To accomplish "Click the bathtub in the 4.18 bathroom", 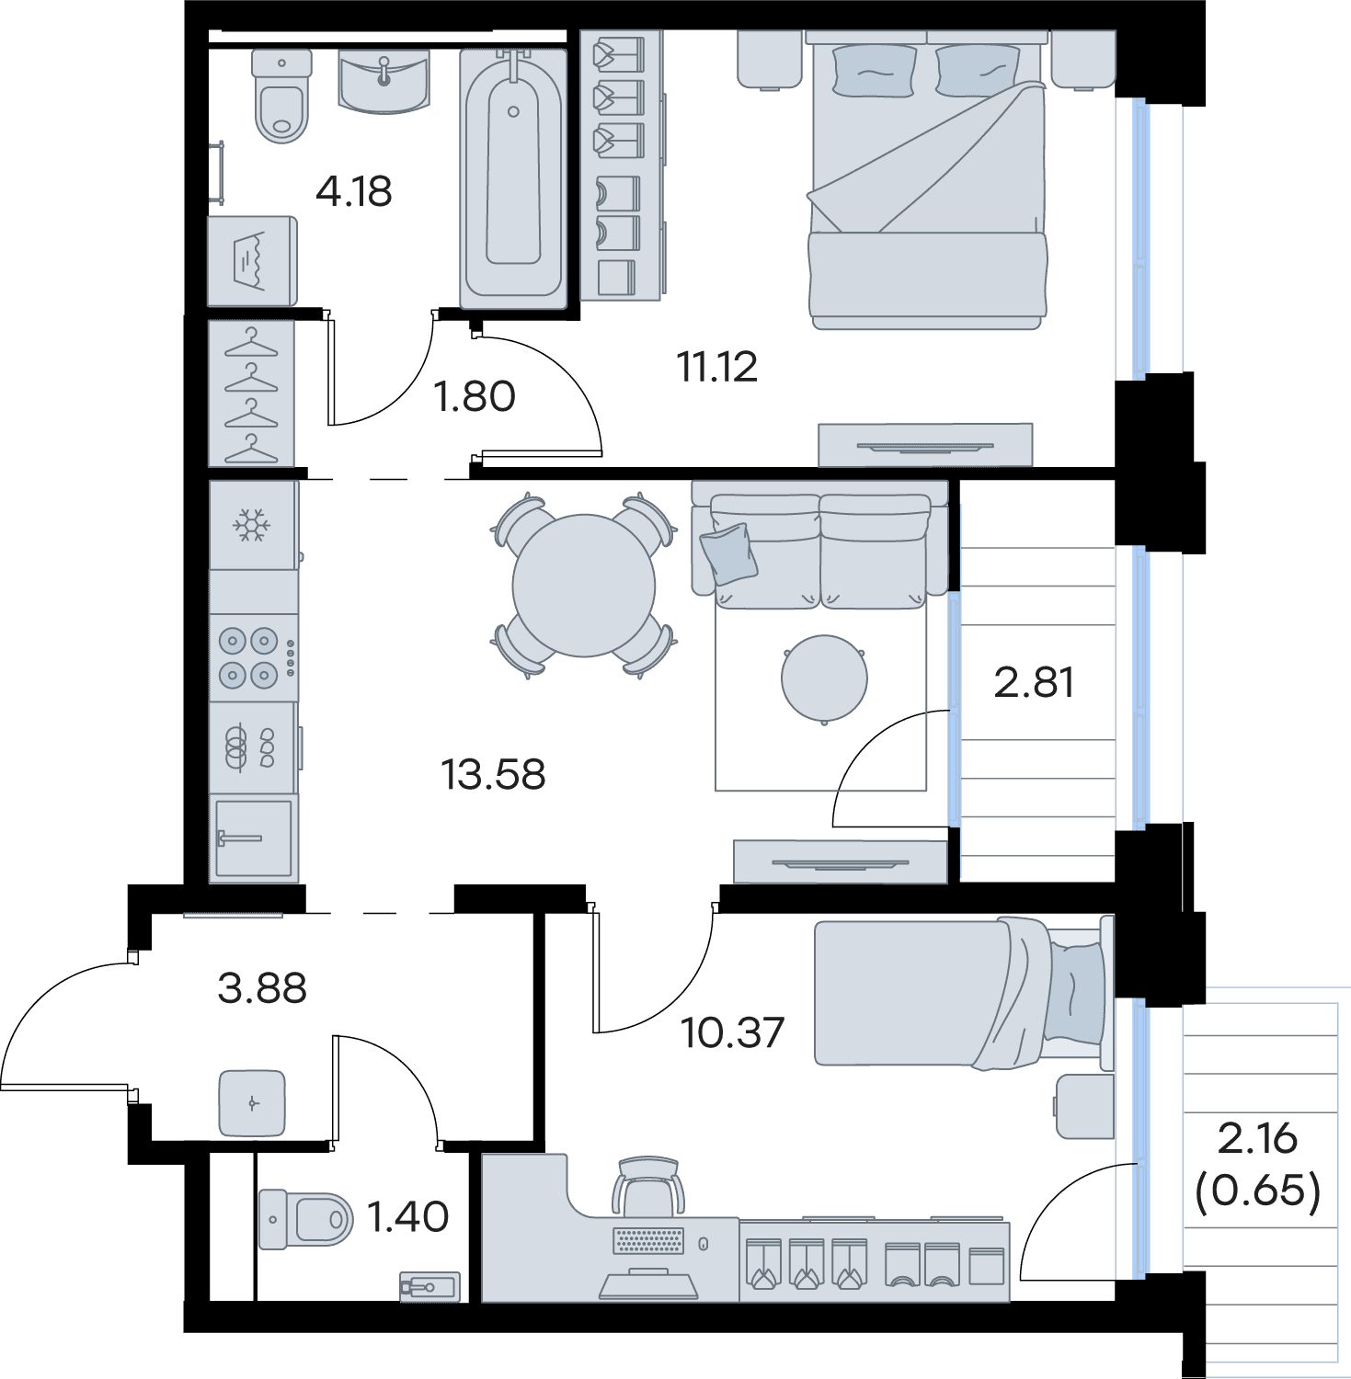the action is pyautogui.click(x=513, y=178).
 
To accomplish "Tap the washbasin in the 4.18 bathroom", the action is pyautogui.click(x=384, y=82).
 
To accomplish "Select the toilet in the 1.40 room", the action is pyautogui.click(x=305, y=1219).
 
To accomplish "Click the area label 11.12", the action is pyautogui.click(x=717, y=367).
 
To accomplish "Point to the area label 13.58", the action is pyautogui.click(x=493, y=774).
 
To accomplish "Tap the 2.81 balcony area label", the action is pyautogui.click(x=1034, y=682).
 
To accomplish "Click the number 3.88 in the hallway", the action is pyautogui.click(x=262, y=988).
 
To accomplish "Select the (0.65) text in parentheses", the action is pyautogui.click(x=1257, y=1191).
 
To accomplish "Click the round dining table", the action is pyautogui.click(x=584, y=586).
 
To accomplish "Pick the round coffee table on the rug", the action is pyautogui.click(x=824, y=678).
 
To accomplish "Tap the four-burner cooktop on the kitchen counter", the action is pyautogui.click(x=254, y=658).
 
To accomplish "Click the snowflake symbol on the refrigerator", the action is pyautogui.click(x=251, y=526).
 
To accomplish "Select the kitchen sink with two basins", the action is pyautogui.click(x=254, y=747).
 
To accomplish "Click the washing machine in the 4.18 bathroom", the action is pyautogui.click(x=252, y=261).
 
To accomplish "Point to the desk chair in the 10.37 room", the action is pyautogui.click(x=648, y=1185).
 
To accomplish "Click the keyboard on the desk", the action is pyautogui.click(x=649, y=1241).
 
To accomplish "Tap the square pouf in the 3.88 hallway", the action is pyautogui.click(x=252, y=1103).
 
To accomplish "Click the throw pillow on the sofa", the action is pyautogui.click(x=728, y=553).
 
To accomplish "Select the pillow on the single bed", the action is pyautogui.click(x=1075, y=995).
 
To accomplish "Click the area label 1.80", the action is pyautogui.click(x=474, y=397).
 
